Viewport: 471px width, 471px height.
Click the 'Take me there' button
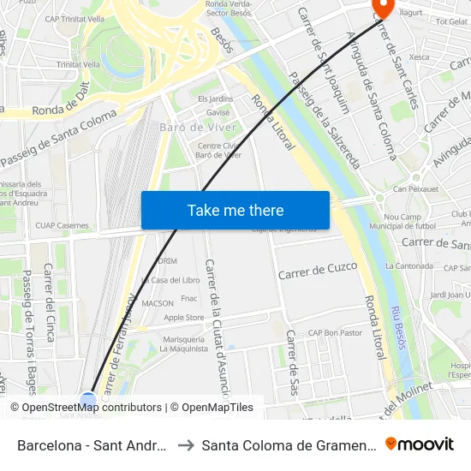[x=235, y=210]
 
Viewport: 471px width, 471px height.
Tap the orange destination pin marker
[x=381, y=8]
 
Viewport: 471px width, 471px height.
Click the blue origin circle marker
[x=88, y=400]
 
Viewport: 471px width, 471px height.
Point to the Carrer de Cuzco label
[x=318, y=270]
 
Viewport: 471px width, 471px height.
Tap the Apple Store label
[x=183, y=317]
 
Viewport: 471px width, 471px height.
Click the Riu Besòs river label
[x=396, y=328]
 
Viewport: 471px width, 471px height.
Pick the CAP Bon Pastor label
[x=335, y=332]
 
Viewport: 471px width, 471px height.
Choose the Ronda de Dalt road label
[x=62, y=108]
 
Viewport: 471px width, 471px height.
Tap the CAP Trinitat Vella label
[x=75, y=19]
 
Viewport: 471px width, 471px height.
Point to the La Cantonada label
[x=409, y=265]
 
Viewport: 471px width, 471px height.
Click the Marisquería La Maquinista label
[x=184, y=343]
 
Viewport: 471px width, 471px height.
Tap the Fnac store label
[x=188, y=298]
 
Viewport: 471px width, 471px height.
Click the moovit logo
[x=419, y=444]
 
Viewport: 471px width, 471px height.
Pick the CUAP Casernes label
[x=62, y=225]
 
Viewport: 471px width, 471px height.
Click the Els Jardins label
[x=215, y=99]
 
